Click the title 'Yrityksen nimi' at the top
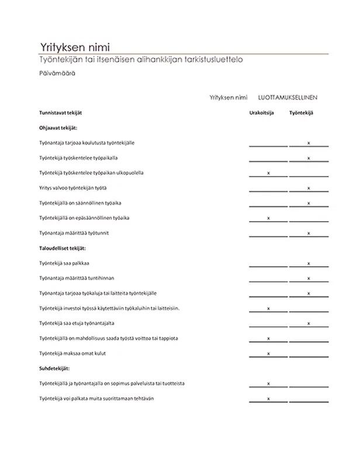coord(74,48)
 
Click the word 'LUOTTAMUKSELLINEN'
coord(292,98)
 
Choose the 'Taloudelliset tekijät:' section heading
coord(64,249)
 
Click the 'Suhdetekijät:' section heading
coord(54,369)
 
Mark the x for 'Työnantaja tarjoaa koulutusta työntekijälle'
coord(309,143)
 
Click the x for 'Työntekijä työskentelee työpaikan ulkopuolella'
coord(268,173)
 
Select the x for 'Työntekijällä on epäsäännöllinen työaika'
coord(268,218)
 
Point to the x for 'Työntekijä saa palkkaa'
coord(309,263)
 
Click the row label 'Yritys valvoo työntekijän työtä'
coord(73,188)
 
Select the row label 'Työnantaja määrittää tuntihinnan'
coord(77,278)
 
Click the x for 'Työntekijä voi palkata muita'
coord(268,399)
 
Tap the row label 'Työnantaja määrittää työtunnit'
coord(74,233)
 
